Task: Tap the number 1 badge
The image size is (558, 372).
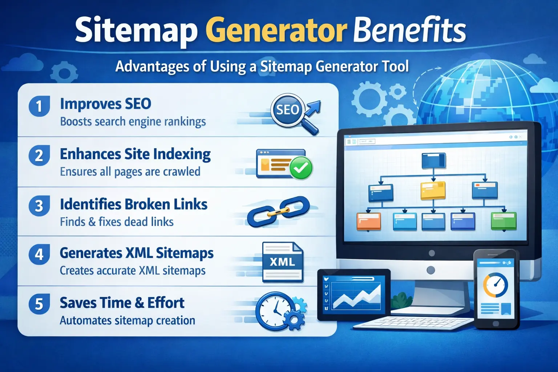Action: (39, 106)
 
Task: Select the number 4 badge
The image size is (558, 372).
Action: (39, 254)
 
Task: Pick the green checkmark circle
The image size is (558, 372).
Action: (301, 168)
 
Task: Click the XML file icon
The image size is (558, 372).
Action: (283, 262)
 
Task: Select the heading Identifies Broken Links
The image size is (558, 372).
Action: (133, 205)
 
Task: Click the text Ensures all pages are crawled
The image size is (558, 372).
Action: (130, 171)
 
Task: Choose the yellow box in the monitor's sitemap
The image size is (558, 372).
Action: (433, 190)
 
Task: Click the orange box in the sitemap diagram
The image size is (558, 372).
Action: (369, 221)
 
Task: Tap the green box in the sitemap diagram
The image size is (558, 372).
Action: (504, 221)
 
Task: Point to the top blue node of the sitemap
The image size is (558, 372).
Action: (433, 161)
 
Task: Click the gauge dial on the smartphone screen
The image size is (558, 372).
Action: (496, 285)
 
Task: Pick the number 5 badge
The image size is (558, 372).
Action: (39, 304)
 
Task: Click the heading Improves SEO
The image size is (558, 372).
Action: (105, 104)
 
